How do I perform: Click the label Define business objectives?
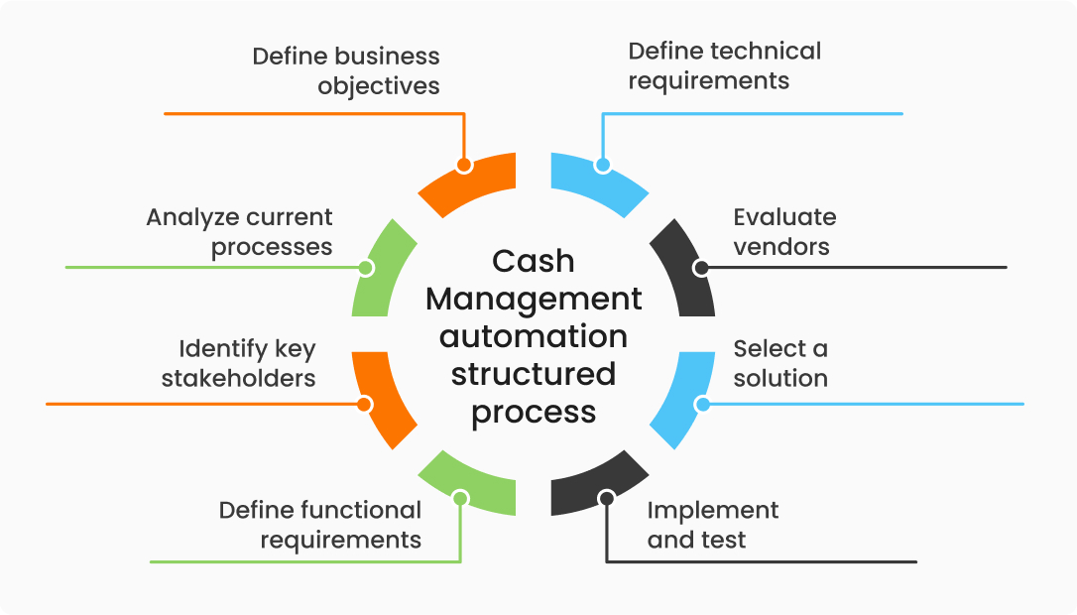point(346,69)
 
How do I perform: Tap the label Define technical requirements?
point(725,65)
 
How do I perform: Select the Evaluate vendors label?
point(784,231)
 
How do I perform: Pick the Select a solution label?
point(780,363)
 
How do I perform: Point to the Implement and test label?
point(712,525)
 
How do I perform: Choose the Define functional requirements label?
point(320,525)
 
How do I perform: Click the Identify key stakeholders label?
point(239,363)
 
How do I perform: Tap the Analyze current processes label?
point(240,231)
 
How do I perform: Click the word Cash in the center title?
point(534,261)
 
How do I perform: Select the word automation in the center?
point(534,336)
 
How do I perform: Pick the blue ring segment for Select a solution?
point(683,402)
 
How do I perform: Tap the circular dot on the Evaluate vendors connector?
point(701,268)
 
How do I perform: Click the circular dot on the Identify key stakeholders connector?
point(364,404)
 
